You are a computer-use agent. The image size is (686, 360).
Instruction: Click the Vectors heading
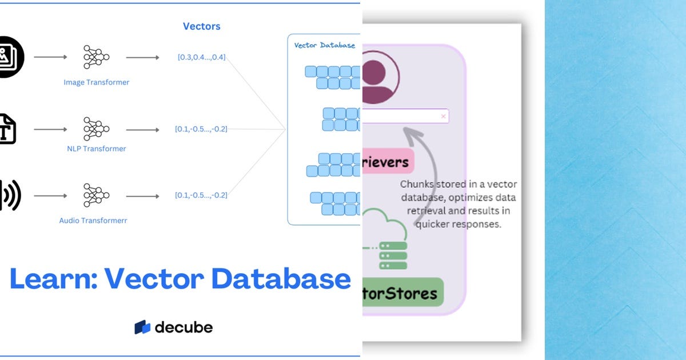pos(201,26)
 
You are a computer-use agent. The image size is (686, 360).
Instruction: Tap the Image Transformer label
pos(96,82)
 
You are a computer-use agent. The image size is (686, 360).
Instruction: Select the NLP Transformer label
pos(96,149)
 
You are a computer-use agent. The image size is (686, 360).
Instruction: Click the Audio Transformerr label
pos(93,220)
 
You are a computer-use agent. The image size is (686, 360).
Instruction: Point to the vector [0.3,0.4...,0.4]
pos(201,57)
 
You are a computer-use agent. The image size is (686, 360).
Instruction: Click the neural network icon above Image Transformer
pos(96,57)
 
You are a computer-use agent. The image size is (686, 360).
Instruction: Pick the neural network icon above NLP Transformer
pos(96,129)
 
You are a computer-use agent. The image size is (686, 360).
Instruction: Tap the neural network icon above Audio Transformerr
pos(96,195)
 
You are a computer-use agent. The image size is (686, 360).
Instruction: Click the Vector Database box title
pos(324,45)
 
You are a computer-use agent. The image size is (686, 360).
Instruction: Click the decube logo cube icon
pos(142,327)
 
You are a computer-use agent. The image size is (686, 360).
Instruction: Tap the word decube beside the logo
pos(184,327)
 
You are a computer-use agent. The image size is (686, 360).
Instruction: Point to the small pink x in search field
pos(443,117)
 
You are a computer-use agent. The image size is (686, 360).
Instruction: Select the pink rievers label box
pos(387,162)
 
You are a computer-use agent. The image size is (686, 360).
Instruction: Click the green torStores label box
pos(402,293)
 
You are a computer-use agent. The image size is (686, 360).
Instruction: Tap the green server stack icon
pos(393,255)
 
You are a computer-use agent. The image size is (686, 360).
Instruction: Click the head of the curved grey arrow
pos(407,133)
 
